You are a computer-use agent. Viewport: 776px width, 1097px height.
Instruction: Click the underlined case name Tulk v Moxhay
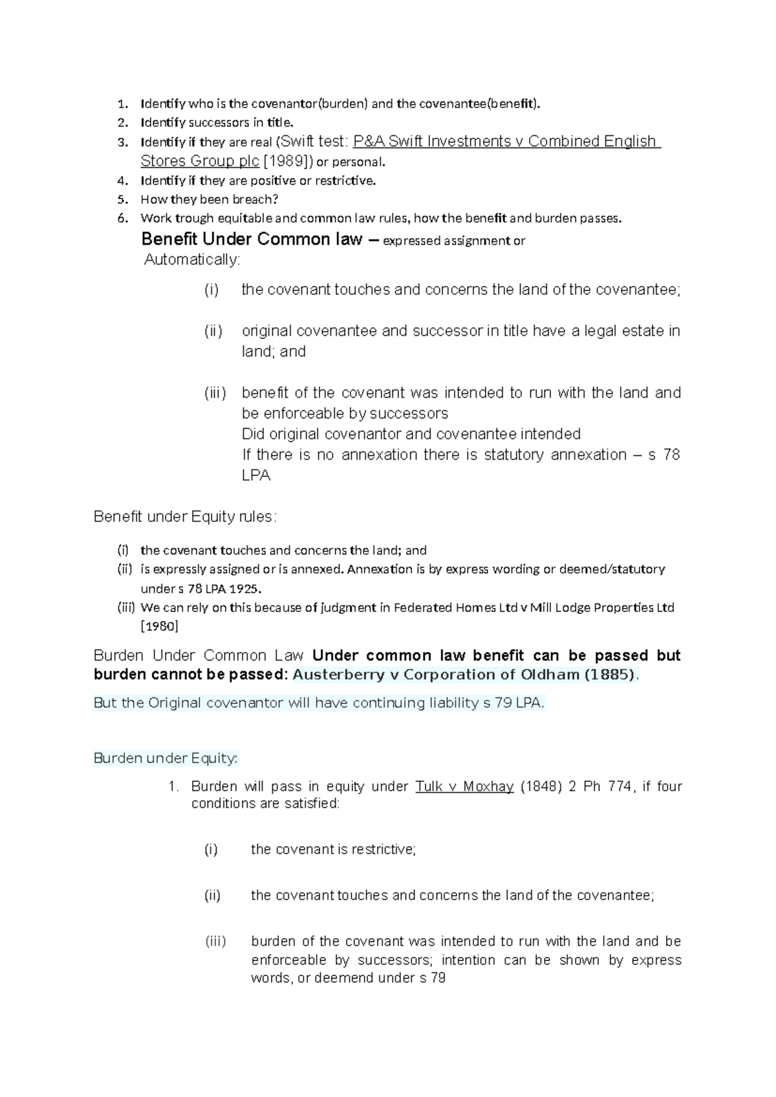[464, 787]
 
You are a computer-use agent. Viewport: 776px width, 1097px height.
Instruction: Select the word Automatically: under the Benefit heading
[191, 260]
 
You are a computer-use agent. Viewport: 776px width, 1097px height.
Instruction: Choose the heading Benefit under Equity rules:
[185, 517]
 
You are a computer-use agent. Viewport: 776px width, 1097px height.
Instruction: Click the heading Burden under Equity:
[166, 758]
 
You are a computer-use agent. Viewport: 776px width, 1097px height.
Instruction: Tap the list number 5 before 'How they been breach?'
[122, 200]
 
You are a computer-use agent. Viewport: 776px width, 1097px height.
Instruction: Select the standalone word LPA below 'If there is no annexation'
[256, 475]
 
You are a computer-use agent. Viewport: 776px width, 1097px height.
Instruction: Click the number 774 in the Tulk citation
[621, 787]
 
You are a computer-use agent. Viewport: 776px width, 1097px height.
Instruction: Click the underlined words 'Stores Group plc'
[200, 161]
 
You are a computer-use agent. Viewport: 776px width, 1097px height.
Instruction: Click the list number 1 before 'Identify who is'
[122, 104]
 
